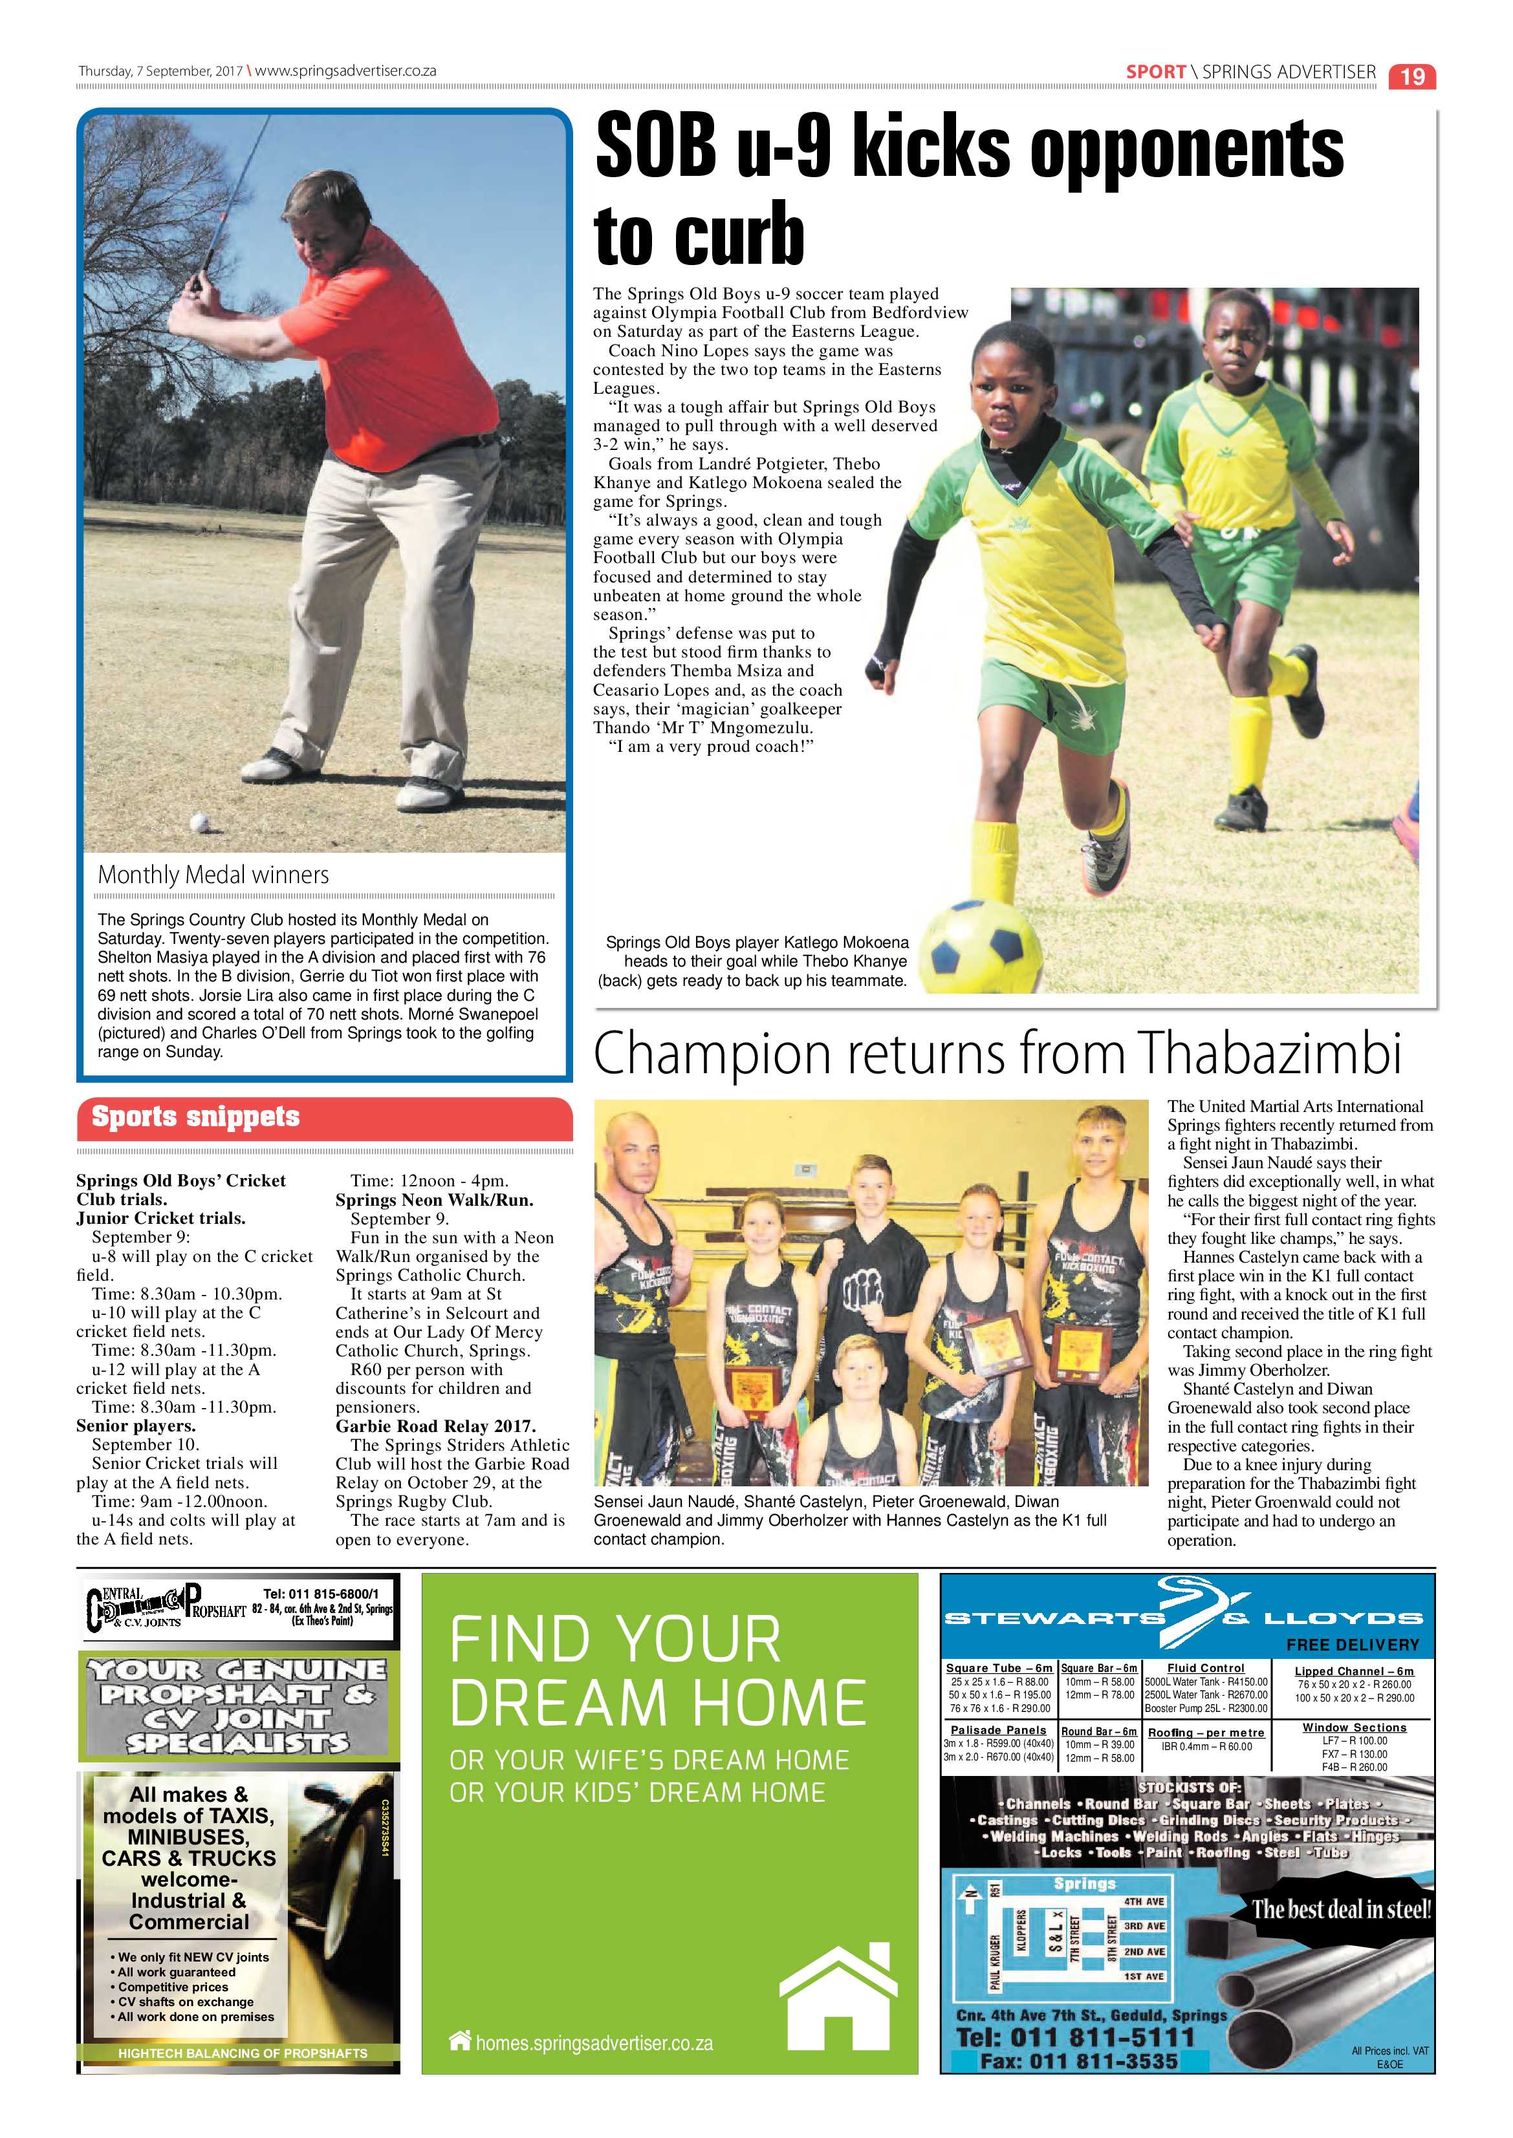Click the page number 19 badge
pyautogui.click(x=1412, y=76)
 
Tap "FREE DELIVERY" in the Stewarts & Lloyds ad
pyautogui.click(x=1353, y=1645)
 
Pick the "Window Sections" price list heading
pyautogui.click(x=1354, y=1727)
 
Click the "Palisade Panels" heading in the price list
pyautogui.click(x=998, y=1730)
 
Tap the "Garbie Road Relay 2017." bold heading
pyautogui.click(x=435, y=1426)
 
